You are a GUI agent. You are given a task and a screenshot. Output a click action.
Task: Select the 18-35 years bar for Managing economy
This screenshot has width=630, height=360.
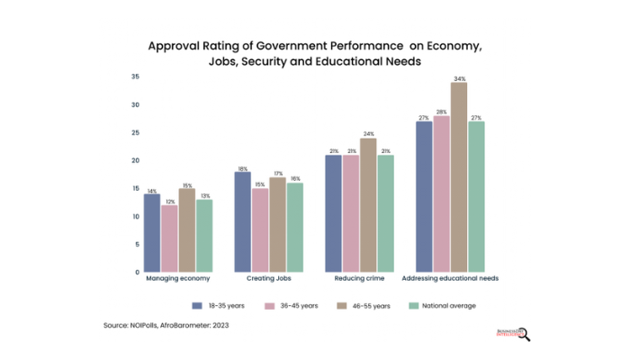pyautogui.click(x=152, y=232)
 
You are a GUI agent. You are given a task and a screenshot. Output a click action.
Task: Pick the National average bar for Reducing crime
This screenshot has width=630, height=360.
pyautogui.click(x=386, y=213)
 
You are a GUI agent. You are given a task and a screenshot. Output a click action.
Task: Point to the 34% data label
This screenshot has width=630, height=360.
pyautogui.click(x=459, y=78)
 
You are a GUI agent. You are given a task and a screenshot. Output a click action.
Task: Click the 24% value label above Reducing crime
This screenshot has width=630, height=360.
pyautogui.click(x=368, y=134)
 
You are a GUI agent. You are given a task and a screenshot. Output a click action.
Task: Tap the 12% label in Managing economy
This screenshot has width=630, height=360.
pyautogui.click(x=170, y=201)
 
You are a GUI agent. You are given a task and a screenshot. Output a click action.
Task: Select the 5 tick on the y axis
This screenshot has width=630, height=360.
pyautogui.click(x=137, y=244)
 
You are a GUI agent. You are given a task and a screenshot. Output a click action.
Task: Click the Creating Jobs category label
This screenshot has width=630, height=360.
pyautogui.click(x=269, y=279)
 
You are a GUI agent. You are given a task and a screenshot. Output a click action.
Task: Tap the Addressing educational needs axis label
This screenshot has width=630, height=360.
pyautogui.click(x=449, y=279)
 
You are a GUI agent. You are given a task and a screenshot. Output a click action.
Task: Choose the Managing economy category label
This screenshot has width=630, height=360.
pyautogui.click(x=178, y=279)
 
